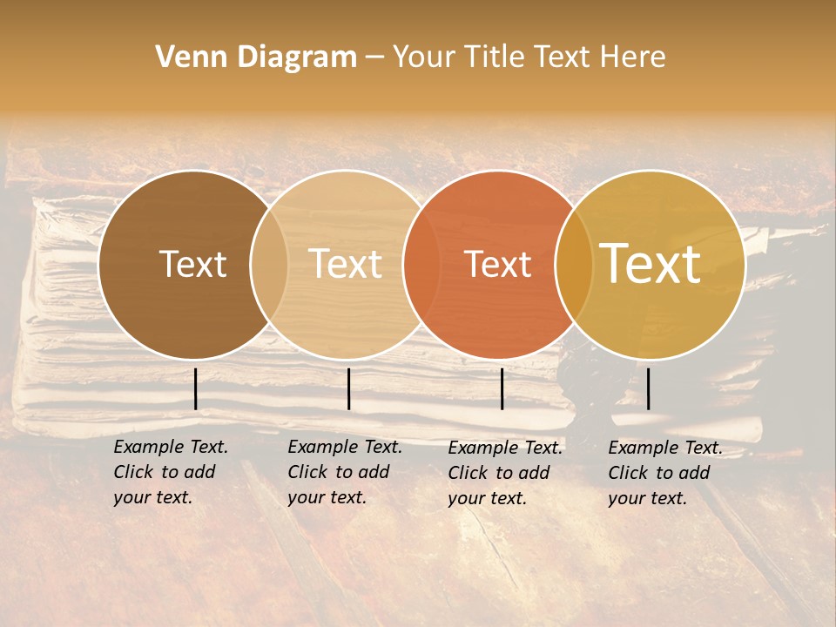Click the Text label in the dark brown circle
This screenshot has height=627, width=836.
pos(192,264)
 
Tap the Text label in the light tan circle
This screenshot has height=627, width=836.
pos(346,264)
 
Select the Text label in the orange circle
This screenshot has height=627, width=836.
pos(497,264)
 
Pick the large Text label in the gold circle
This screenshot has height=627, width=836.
pos(651,264)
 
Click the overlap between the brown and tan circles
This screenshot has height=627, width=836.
pos(269,264)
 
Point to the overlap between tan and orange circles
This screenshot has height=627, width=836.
pos(421,264)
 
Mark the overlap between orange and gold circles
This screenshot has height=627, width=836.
pos(573,264)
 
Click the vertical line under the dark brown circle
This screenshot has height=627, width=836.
pos(195,388)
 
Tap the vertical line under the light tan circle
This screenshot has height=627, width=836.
pos(348,388)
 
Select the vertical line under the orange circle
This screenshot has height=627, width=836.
pos(502,388)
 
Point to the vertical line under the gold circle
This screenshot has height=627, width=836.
pos(648,388)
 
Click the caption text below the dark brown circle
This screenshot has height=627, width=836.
pos(171,473)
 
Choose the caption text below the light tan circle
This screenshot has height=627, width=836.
pos(345,473)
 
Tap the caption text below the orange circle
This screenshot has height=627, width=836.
pos(505,473)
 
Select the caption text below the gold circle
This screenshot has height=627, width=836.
pos(665,473)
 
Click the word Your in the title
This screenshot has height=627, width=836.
pos(425,57)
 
